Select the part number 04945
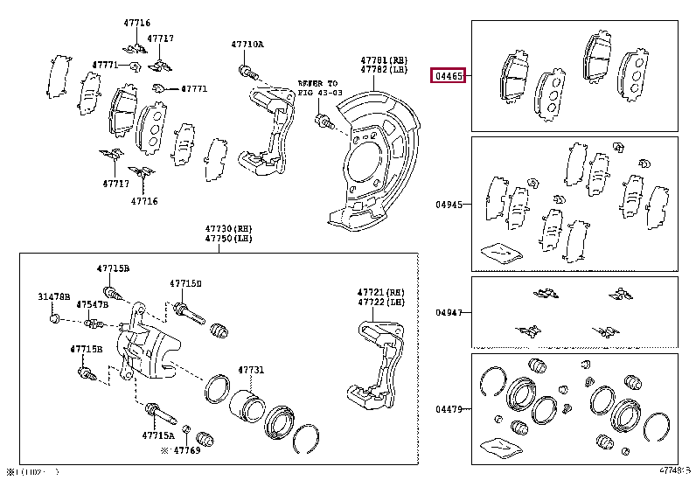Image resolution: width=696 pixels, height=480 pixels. point(449,205)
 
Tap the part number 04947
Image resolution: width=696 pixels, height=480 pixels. point(449,312)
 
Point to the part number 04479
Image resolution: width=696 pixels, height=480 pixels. point(449,407)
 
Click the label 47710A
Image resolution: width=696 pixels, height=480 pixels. point(247,44)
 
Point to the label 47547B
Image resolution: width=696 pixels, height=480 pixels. point(92,304)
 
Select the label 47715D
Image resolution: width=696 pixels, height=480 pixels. point(185,283)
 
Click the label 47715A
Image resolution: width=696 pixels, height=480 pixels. point(159,435)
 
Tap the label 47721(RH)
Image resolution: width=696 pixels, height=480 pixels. point(381,292)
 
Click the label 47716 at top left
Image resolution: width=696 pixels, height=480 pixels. point(137,22)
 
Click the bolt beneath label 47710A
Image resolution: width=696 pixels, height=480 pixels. point(247,69)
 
